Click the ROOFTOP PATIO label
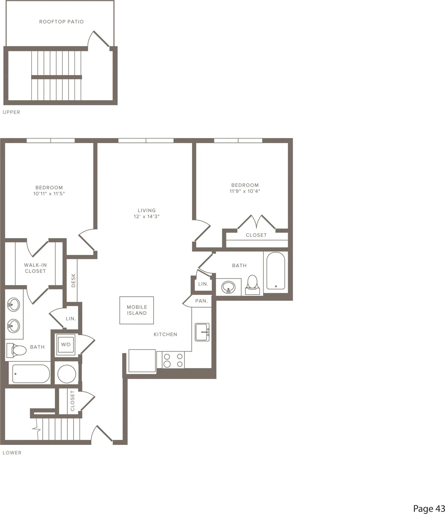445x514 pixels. pyautogui.click(x=62, y=22)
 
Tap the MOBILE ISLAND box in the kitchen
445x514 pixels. pyautogui.click(x=137, y=310)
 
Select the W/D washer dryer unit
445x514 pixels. pyautogui.click(x=66, y=345)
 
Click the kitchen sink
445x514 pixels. pyautogui.click(x=202, y=332)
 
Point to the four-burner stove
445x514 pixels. pyautogui.click(x=173, y=360)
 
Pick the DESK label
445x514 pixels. pyautogui.click(x=74, y=280)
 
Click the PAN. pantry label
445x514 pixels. pyautogui.click(x=202, y=301)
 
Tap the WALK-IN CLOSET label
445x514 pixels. pyautogui.click(x=36, y=268)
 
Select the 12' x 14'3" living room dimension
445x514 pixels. pyautogui.click(x=147, y=217)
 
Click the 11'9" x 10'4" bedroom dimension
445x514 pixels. pyautogui.click(x=245, y=191)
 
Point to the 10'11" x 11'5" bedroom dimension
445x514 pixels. pyautogui.click(x=49, y=194)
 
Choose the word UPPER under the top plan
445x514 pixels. pyautogui.click(x=11, y=112)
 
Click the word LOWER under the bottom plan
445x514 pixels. pyautogui.click(x=12, y=453)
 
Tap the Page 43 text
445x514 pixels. pyautogui.click(x=429, y=501)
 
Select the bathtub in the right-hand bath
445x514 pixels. pyautogui.click(x=276, y=271)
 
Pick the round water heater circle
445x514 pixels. pyautogui.click(x=67, y=374)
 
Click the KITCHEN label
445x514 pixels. pyautogui.click(x=165, y=334)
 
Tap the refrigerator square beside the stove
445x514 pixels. pyautogui.click(x=142, y=361)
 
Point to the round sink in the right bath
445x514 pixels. pyautogui.click(x=228, y=287)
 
